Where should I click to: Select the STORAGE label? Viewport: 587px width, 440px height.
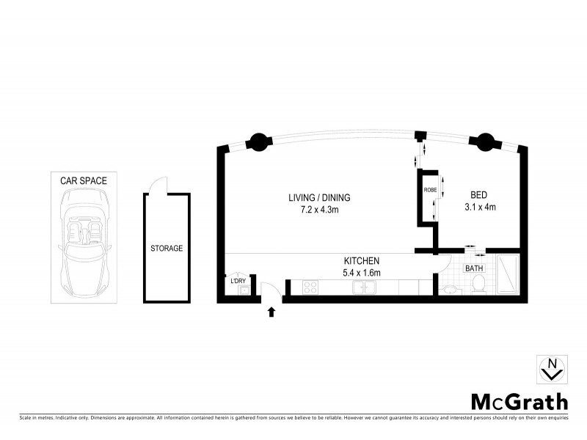(x=167, y=249)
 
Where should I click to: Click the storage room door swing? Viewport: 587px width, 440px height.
(x=156, y=187)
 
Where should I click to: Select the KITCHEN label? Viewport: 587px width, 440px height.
(x=362, y=261)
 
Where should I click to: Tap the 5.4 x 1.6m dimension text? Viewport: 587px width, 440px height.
(x=362, y=273)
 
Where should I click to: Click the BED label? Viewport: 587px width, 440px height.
(x=479, y=195)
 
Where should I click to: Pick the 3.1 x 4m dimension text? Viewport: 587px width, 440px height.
(x=481, y=207)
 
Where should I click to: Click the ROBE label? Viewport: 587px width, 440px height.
(x=431, y=190)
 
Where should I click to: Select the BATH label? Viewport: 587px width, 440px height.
(x=474, y=268)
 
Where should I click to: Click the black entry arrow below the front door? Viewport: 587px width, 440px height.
(x=271, y=312)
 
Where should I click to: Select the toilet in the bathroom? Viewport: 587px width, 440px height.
(x=479, y=287)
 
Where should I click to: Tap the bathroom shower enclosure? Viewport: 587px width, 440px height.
(x=508, y=274)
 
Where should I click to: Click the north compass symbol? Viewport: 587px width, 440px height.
(x=551, y=369)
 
